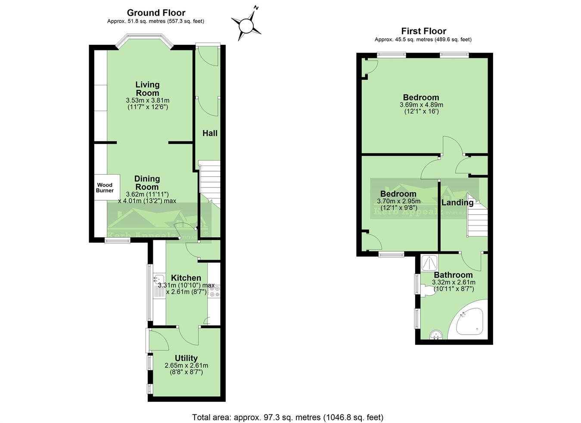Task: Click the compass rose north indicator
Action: [246, 25]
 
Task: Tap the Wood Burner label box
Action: [104, 188]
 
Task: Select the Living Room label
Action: [147, 89]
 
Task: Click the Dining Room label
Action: [147, 183]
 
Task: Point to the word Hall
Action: [210, 133]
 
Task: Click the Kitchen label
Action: [186, 278]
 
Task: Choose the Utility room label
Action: [186, 358]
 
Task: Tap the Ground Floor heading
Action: [156, 13]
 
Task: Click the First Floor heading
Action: [423, 31]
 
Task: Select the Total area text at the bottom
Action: [287, 417]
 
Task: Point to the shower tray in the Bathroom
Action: [430, 263]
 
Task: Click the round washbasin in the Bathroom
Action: [436, 335]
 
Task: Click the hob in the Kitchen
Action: [214, 291]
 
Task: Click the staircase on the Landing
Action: [477, 220]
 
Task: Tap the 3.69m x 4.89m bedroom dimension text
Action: [421, 105]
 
